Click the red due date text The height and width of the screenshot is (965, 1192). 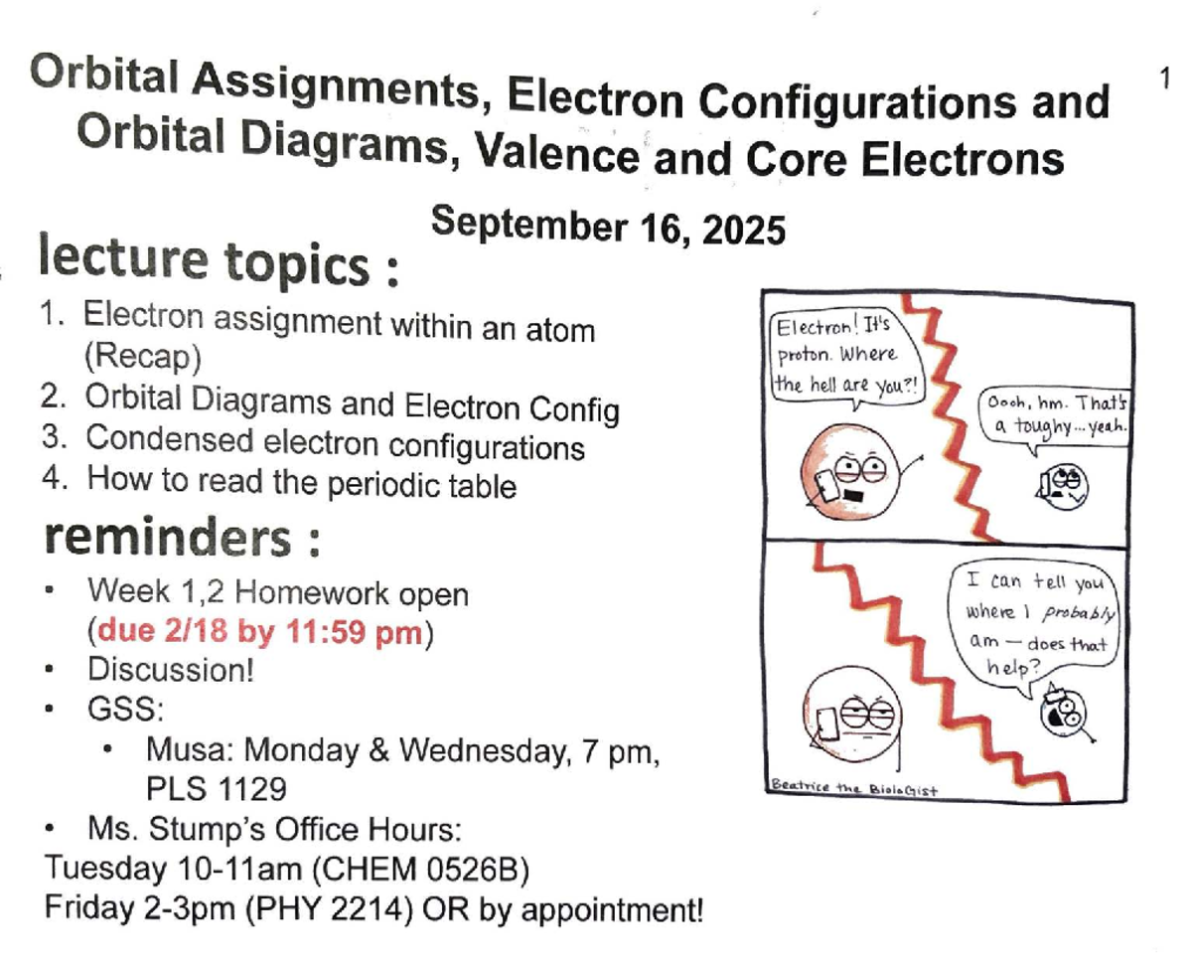coord(260,632)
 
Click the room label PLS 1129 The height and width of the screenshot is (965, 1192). coord(217,788)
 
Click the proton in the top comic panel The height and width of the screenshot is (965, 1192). coord(850,474)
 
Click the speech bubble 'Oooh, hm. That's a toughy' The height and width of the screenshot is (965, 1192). coord(1057,418)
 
